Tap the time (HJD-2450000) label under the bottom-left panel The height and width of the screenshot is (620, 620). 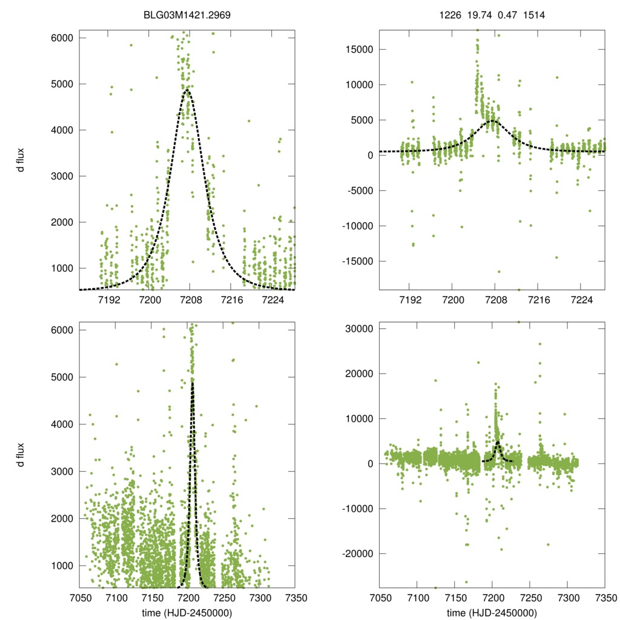186,613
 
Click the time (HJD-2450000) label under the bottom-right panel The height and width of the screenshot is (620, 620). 492,613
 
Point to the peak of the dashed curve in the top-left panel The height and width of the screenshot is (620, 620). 187,90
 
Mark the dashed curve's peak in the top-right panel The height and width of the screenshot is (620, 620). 492,120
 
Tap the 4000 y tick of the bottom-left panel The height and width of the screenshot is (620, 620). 60,424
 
